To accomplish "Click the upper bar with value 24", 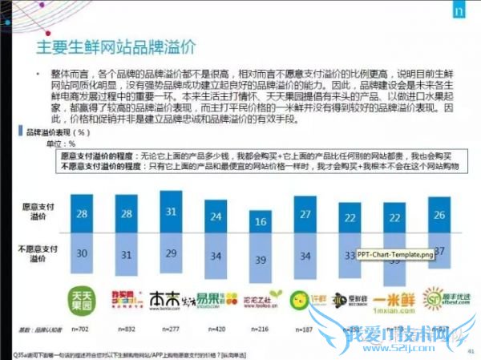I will [215, 217].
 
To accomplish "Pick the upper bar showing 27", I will [305, 215].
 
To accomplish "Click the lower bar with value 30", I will [81, 253].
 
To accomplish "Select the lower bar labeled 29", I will [171, 253].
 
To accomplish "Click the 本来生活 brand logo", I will [171, 300].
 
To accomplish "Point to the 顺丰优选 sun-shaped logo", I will [435, 300].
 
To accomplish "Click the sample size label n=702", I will [82, 329].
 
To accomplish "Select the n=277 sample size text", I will [171, 329].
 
